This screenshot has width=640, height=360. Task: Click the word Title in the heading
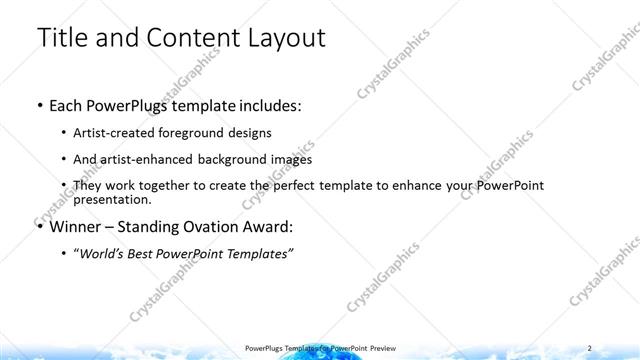[x=63, y=38]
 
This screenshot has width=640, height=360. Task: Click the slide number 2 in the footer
[x=590, y=347]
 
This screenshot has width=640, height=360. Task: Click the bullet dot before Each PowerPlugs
[x=38, y=104]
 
